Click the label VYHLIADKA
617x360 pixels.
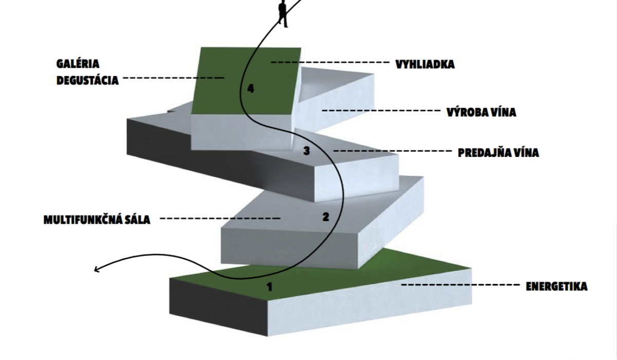click(425, 64)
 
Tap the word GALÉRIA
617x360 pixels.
click(78, 64)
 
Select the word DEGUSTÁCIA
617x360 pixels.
click(87, 80)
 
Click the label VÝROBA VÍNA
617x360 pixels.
click(481, 113)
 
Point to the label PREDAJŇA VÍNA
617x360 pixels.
click(498, 153)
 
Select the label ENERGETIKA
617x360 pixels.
click(557, 286)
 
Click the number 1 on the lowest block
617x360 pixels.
click(269, 287)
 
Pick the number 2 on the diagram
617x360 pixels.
click(325, 217)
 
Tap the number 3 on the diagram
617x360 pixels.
click(306, 151)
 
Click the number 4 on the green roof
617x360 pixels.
click(250, 88)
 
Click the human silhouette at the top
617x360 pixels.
click(283, 14)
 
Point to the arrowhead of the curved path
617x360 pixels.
click(97, 269)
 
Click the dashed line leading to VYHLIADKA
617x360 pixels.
click(330, 63)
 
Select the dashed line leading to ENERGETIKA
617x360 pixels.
click(460, 284)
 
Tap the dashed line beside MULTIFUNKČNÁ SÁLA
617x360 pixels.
click(220, 219)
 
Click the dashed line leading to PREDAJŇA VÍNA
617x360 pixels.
click(392, 151)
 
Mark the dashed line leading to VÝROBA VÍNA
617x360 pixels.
click(381, 111)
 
